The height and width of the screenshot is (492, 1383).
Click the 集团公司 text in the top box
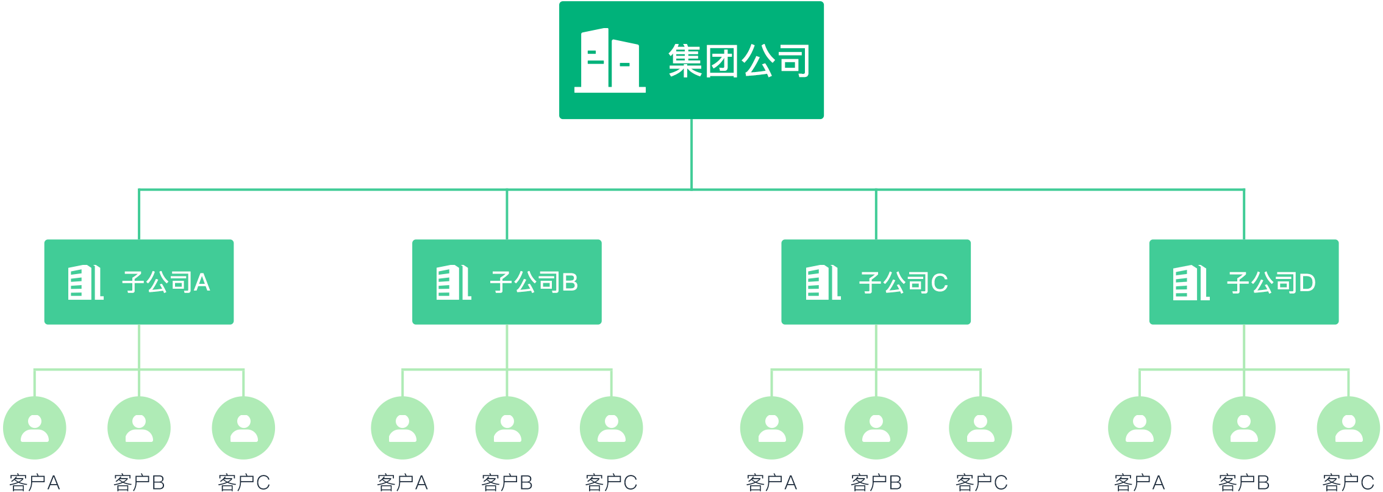pos(738,61)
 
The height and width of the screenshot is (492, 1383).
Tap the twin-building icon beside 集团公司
pos(610,60)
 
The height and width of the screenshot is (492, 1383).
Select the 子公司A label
pos(166,283)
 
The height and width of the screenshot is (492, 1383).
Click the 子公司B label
pos(534,283)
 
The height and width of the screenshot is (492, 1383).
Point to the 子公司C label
pos(903,283)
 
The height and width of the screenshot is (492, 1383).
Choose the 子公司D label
pos(1271,283)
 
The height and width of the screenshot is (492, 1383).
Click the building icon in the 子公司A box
pos(85,283)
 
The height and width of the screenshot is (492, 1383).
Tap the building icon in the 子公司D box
pos(1191,283)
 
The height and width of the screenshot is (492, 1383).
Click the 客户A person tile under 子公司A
pos(35,428)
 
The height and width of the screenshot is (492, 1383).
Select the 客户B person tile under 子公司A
pos(139,428)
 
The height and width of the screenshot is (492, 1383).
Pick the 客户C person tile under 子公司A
pos(243,428)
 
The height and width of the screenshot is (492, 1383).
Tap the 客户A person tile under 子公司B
pos(402,428)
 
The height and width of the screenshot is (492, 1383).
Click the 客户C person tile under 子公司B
pos(611,428)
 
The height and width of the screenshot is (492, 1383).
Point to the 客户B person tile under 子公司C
pos(876,428)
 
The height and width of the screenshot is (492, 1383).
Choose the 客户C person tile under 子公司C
pos(981,428)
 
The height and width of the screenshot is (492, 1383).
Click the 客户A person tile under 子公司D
pos(1140,428)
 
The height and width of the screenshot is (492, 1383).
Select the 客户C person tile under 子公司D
pos(1348,428)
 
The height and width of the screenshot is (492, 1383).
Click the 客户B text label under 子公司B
pos(507,482)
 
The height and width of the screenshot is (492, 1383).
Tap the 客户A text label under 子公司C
pos(771,482)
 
